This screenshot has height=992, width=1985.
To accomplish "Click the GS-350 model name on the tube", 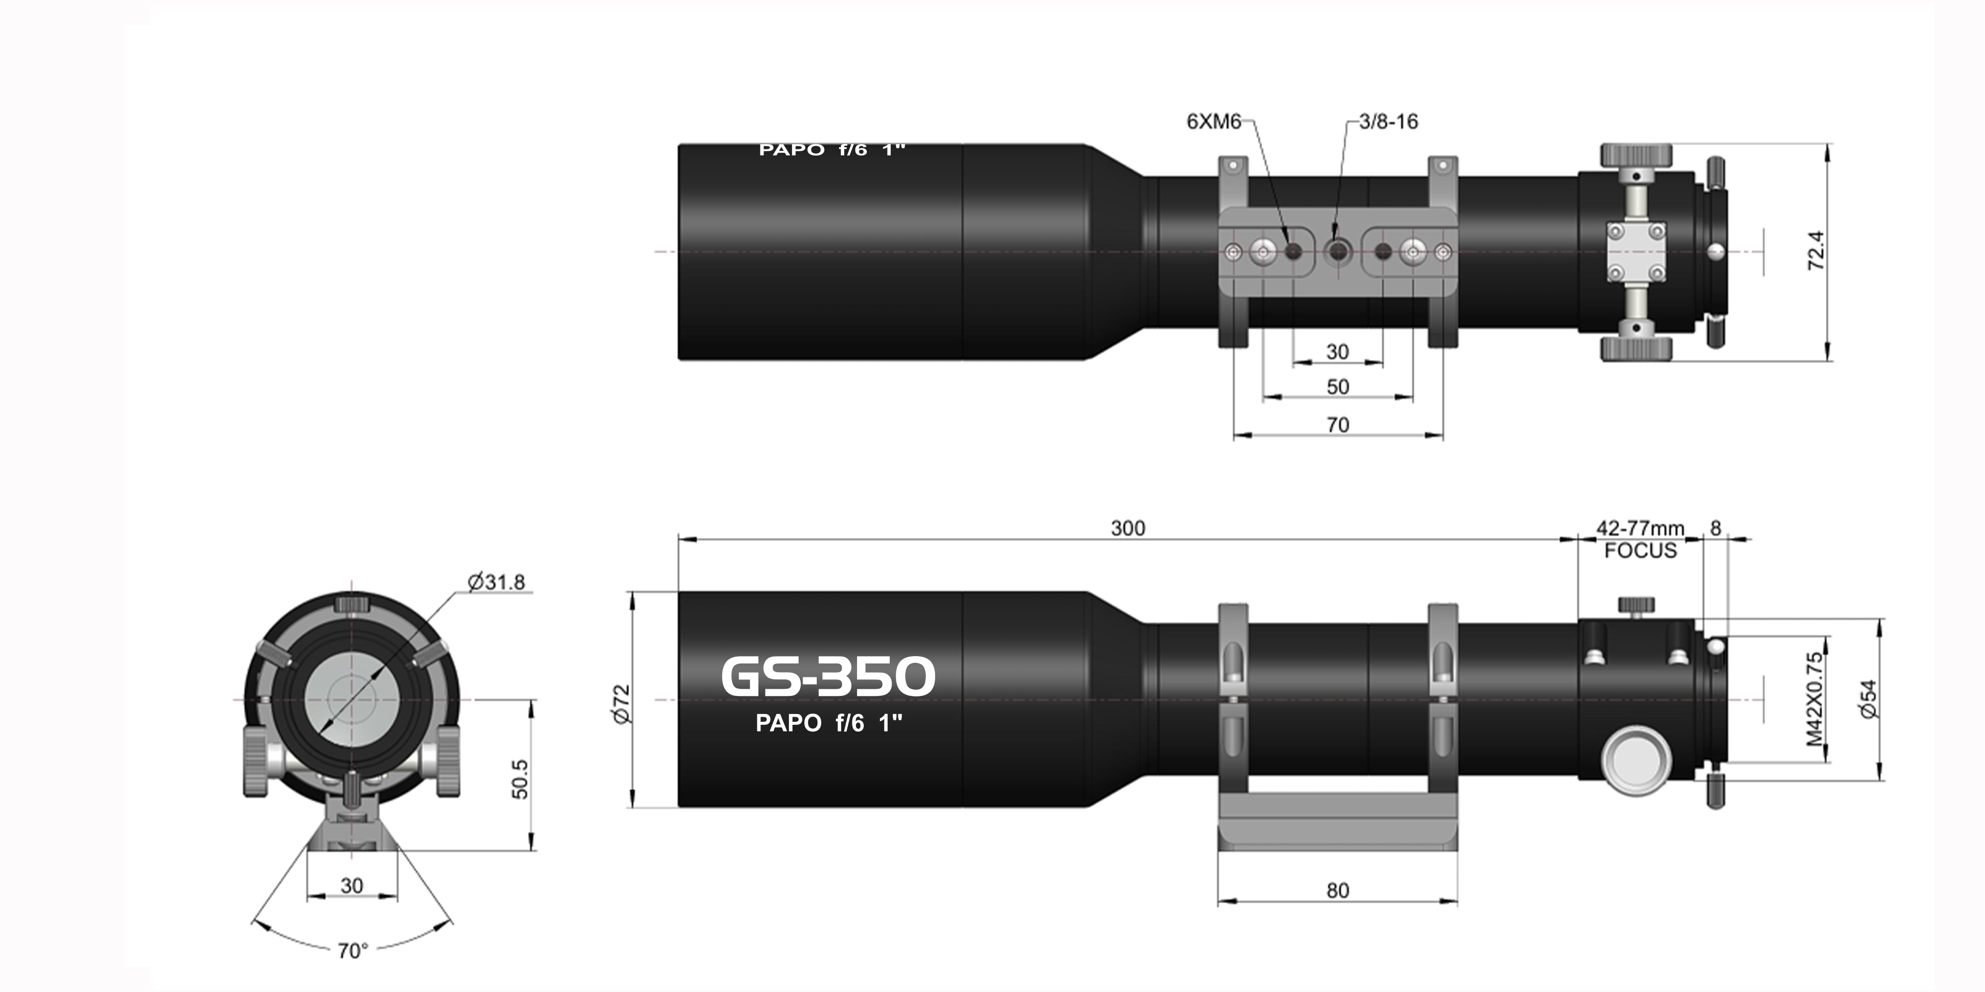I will [x=828, y=677].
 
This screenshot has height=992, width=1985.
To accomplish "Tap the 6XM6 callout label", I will [x=1214, y=122].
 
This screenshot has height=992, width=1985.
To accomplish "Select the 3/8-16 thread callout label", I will [x=1388, y=122].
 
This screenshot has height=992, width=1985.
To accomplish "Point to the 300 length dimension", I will [x=1127, y=529].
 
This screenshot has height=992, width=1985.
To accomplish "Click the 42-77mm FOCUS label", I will [x=1640, y=539].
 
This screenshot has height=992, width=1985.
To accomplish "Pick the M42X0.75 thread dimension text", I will [x=1815, y=700].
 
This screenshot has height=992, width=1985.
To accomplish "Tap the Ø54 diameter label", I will [x=1869, y=700].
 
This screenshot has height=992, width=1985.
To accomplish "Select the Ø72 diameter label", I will [x=622, y=703].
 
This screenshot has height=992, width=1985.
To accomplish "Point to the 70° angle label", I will [x=353, y=951].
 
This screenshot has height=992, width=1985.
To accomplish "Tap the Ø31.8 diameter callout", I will [x=497, y=582].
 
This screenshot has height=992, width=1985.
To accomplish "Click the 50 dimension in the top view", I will [x=1338, y=386].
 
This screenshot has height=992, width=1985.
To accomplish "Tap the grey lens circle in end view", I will [x=352, y=700].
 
